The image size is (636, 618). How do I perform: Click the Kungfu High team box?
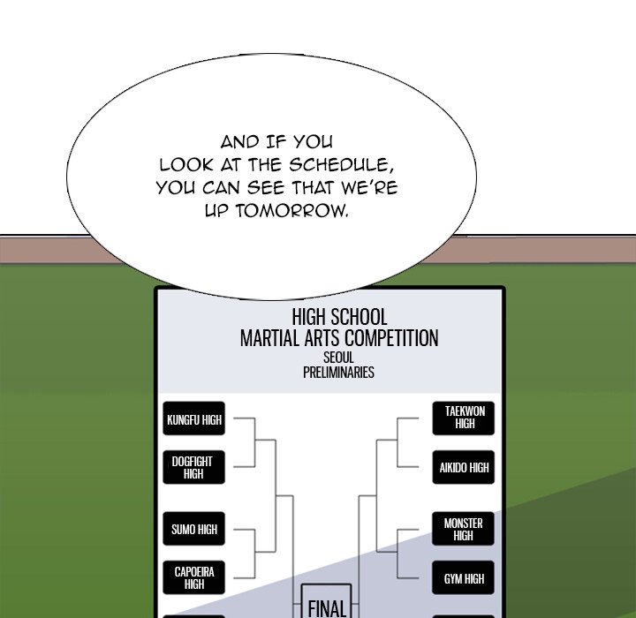tap(194, 420)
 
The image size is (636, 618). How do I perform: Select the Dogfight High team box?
tap(194, 467)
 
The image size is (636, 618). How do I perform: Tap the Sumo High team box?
tap(194, 530)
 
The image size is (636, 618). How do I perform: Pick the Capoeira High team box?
tap(194, 577)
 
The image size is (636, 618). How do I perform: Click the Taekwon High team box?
tap(465, 418)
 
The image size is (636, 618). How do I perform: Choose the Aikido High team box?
tap(465, 468)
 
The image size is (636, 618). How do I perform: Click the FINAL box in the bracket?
tap(326, 606)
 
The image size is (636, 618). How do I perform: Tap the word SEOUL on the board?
tap(338, 358)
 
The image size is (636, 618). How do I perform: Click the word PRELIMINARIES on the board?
tap(338, 373)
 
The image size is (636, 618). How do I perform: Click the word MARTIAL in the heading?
tap(269, 338)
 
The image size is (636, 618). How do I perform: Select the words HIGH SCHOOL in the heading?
tap(339, 317)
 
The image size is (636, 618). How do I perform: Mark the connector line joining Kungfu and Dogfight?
tap(256, 443)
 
